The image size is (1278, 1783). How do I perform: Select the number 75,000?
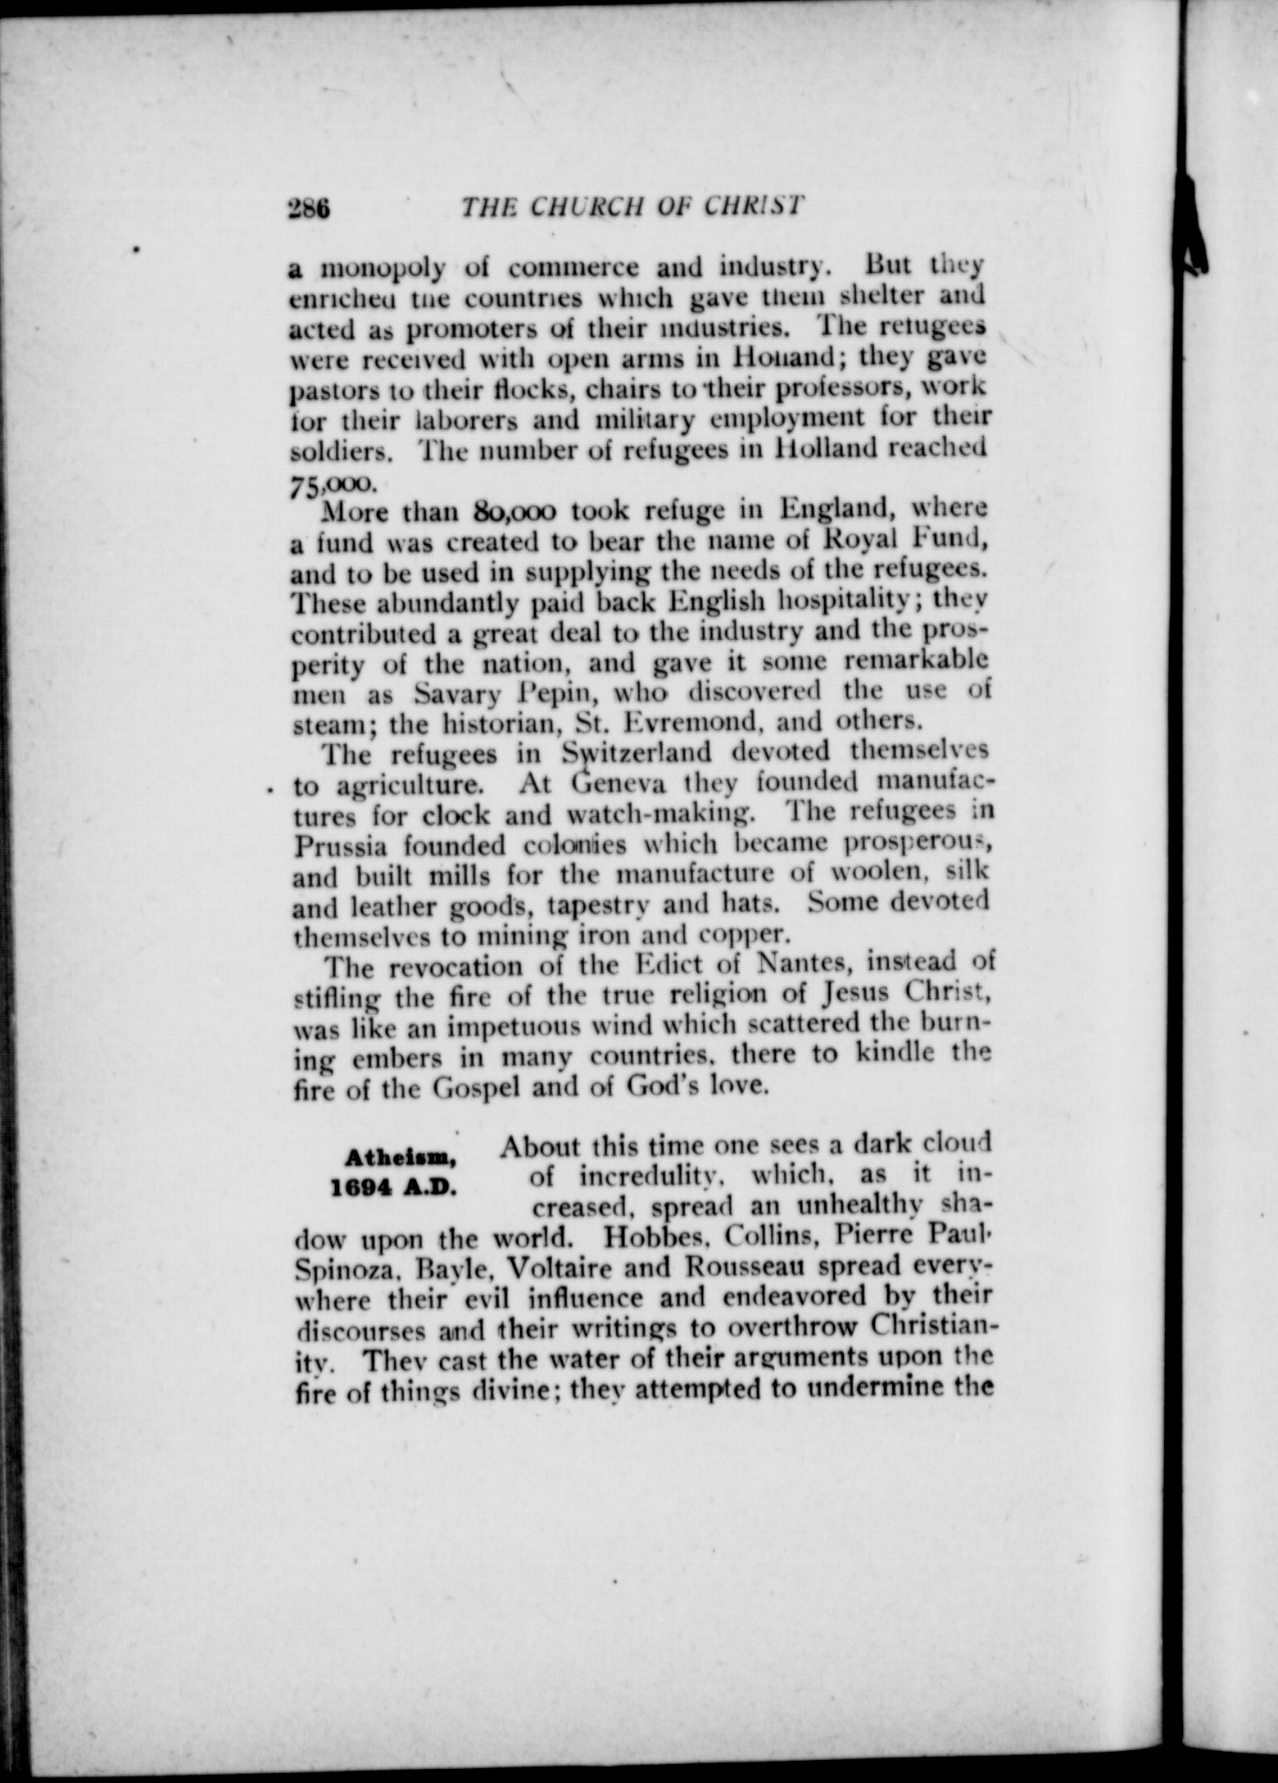point(330,483)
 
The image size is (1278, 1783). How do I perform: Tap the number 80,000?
point(514,511)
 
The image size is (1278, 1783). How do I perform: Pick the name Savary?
point(455,695)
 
